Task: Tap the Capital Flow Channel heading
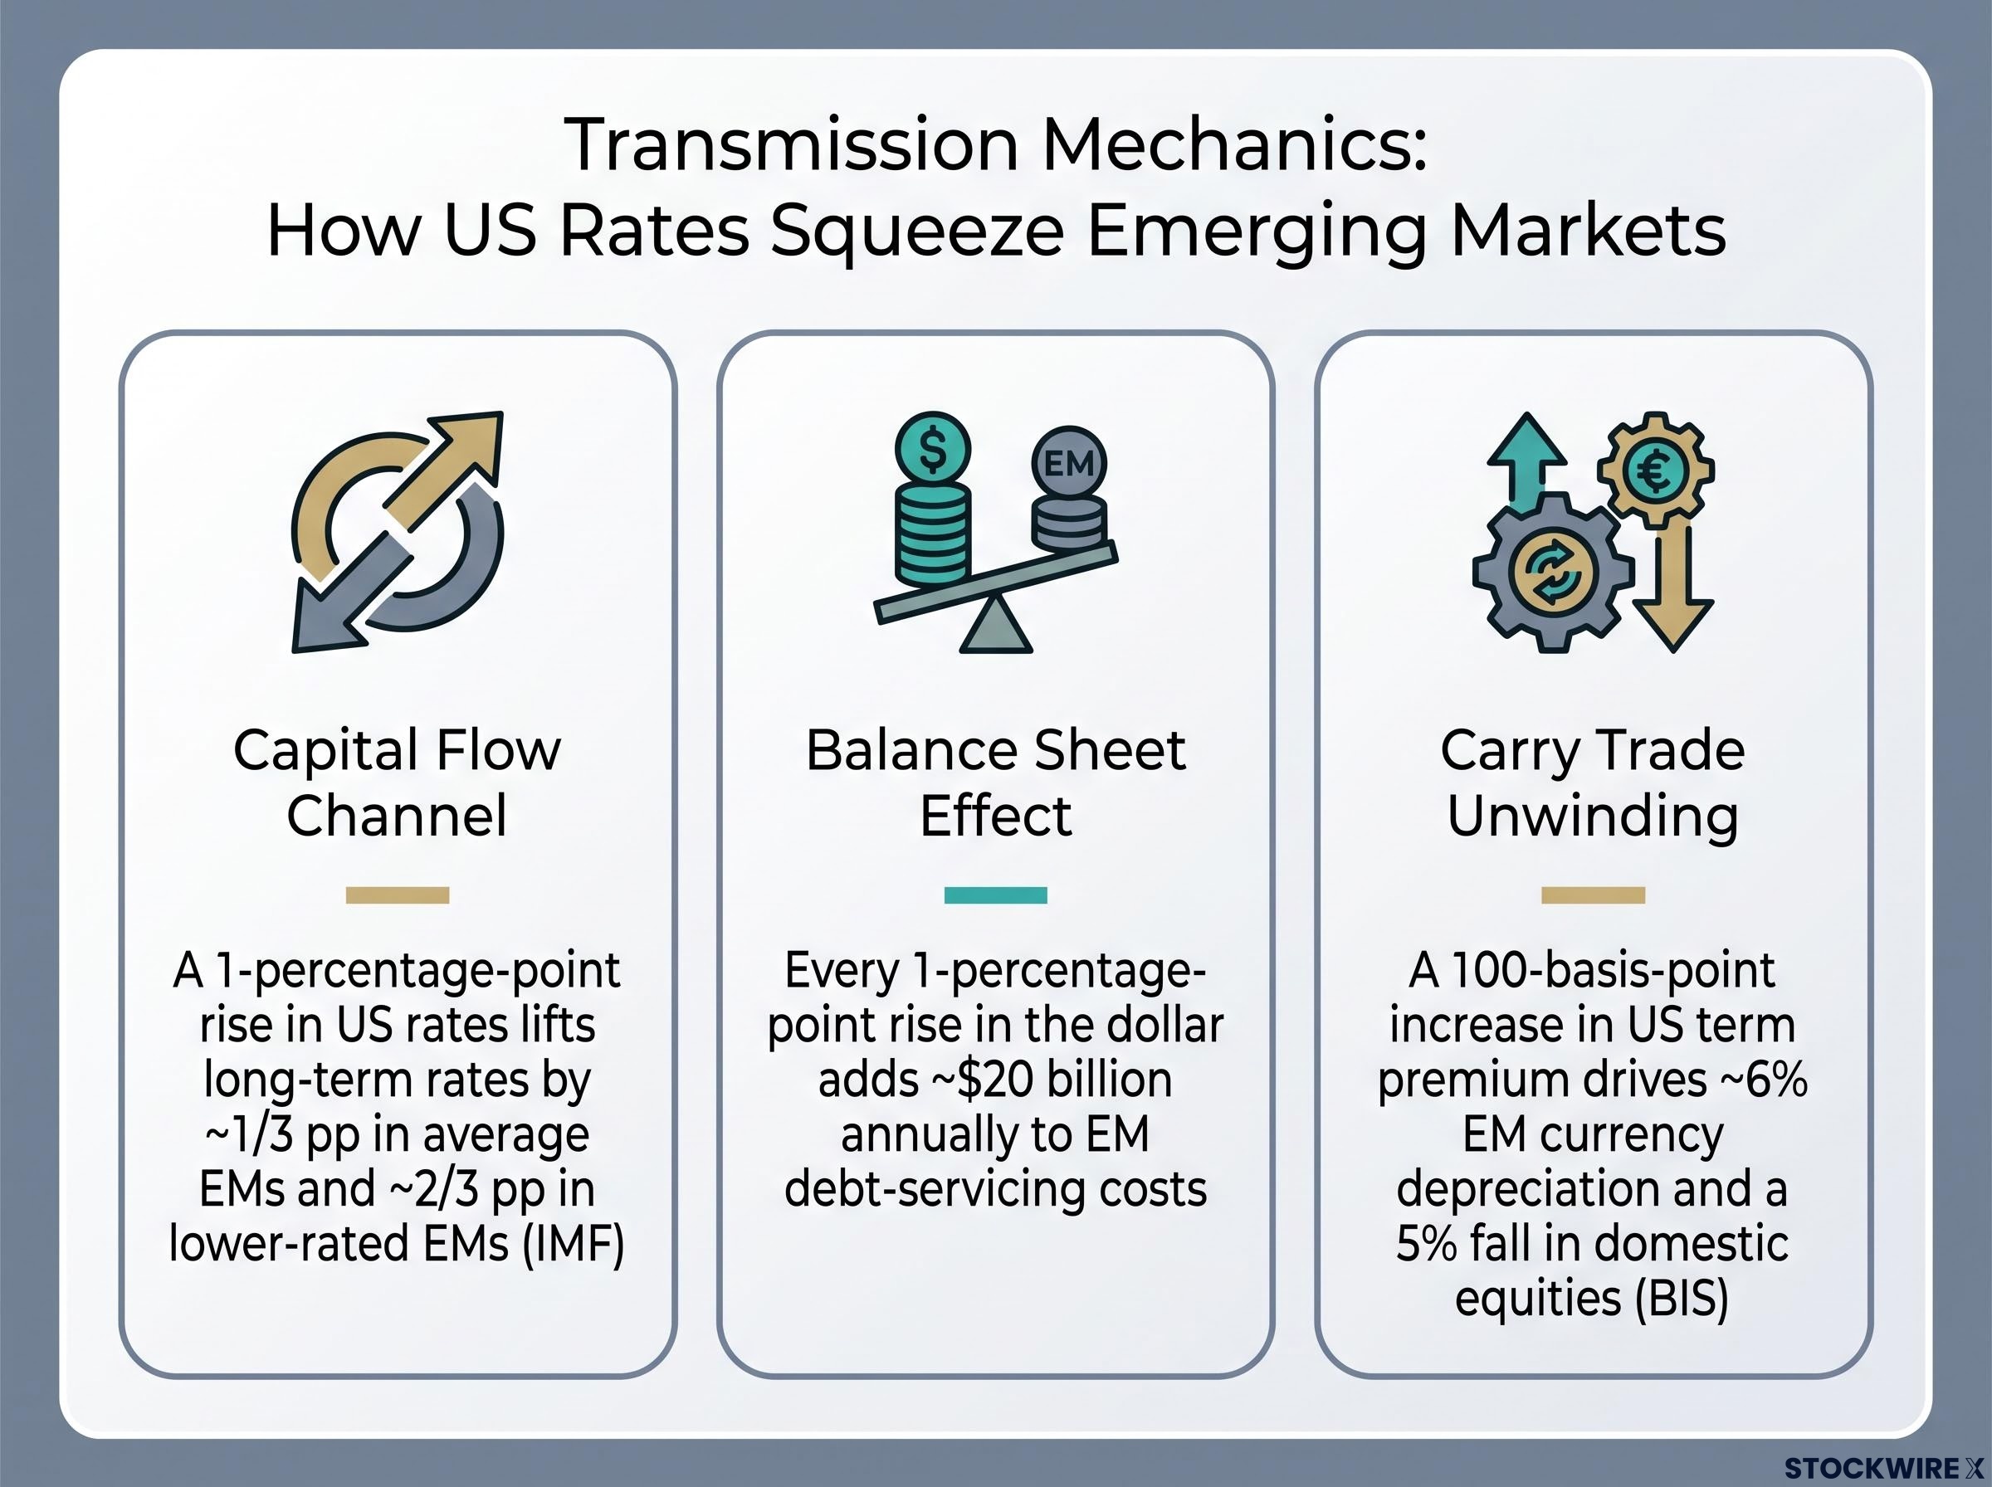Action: pyautogui.click(x=397, y=783)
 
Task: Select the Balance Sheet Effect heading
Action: pyautogui.click(x=995, y=783)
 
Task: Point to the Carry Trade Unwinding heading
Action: pyautogui.click(x=1592, y=783)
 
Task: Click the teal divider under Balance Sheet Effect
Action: pyautogui.click(x=995, y=895)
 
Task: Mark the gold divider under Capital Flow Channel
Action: pyautogui.click(x=397, y=895)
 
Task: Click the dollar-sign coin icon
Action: pyautogui.click(x=934, y=449)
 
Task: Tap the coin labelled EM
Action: pyautogui.click(x=1068, y=464)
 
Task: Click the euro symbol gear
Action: pyautogui.click(x=1655, y=470)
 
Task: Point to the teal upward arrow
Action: pyautogui.click(x=1526, y=464)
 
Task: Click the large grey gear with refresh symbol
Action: pyautogui.click(x=1553, y=572)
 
